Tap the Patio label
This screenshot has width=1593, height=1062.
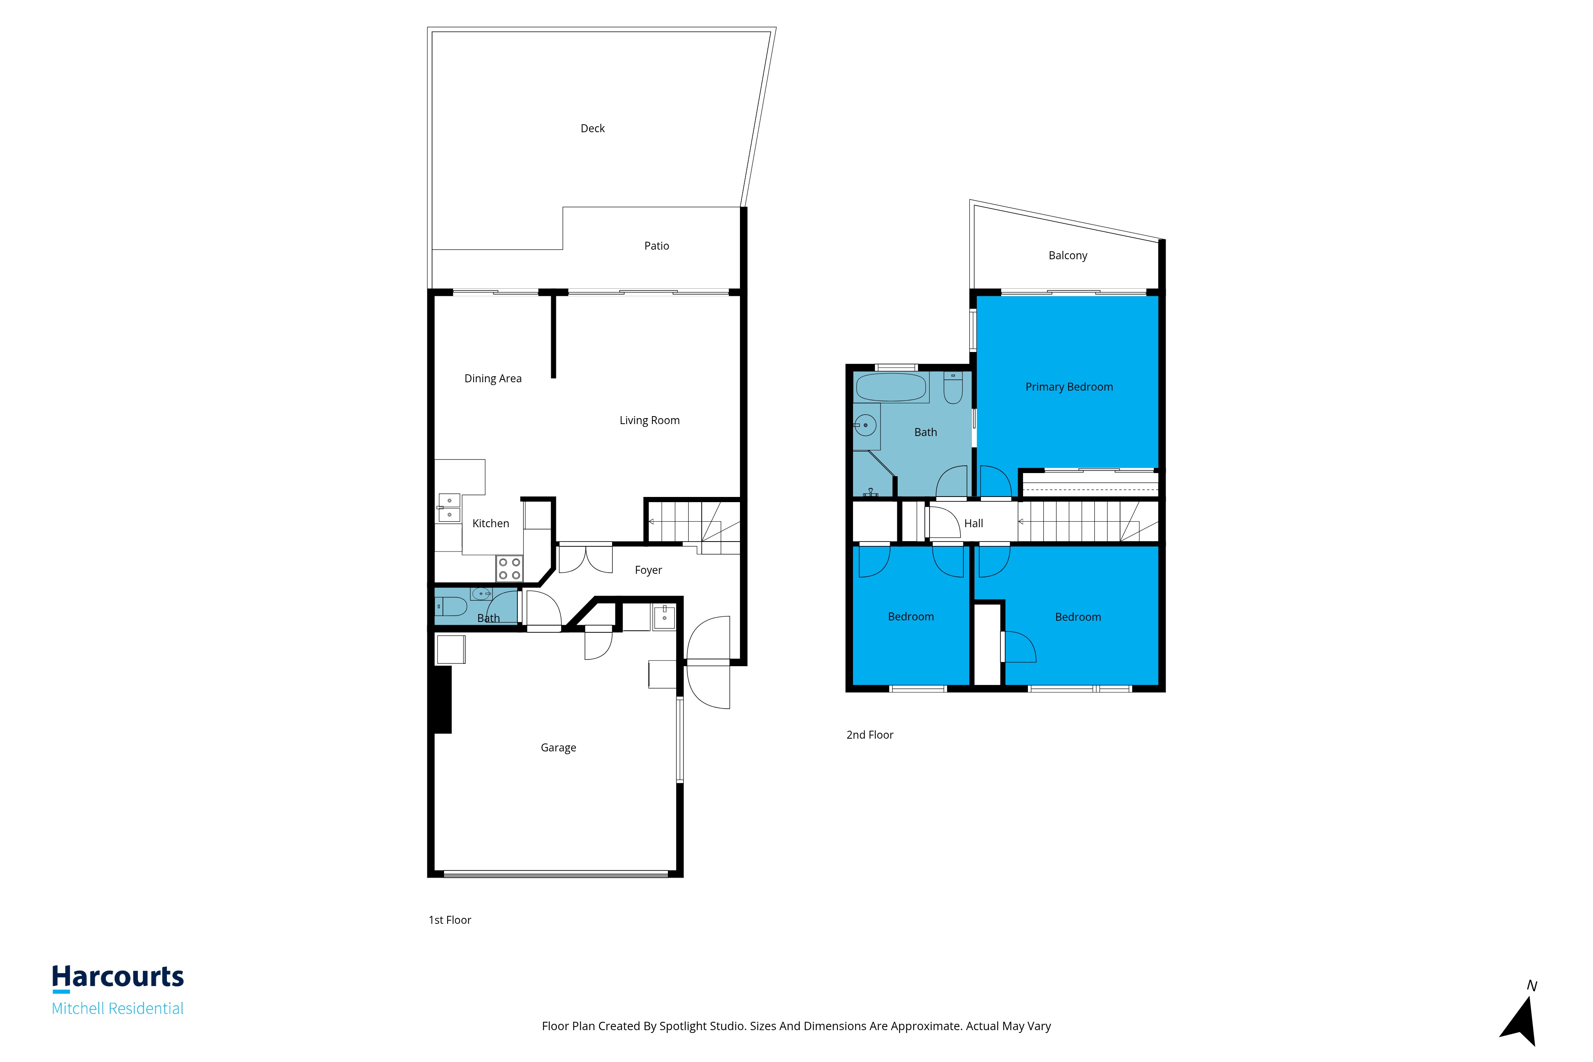tap(656, 246)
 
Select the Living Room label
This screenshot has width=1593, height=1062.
tap(650, 420)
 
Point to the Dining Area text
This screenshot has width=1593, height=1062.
tap(493, 379)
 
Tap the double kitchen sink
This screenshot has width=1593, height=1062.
tap(449, 507)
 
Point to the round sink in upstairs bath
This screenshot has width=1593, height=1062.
tap(865, 425)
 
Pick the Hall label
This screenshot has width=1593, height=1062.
tap(973, 524)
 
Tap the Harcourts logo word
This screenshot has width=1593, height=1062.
tap(118, 977)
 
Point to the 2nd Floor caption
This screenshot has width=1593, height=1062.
tap(870, 735)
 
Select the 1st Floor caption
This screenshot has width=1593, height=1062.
tap(450, 920)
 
